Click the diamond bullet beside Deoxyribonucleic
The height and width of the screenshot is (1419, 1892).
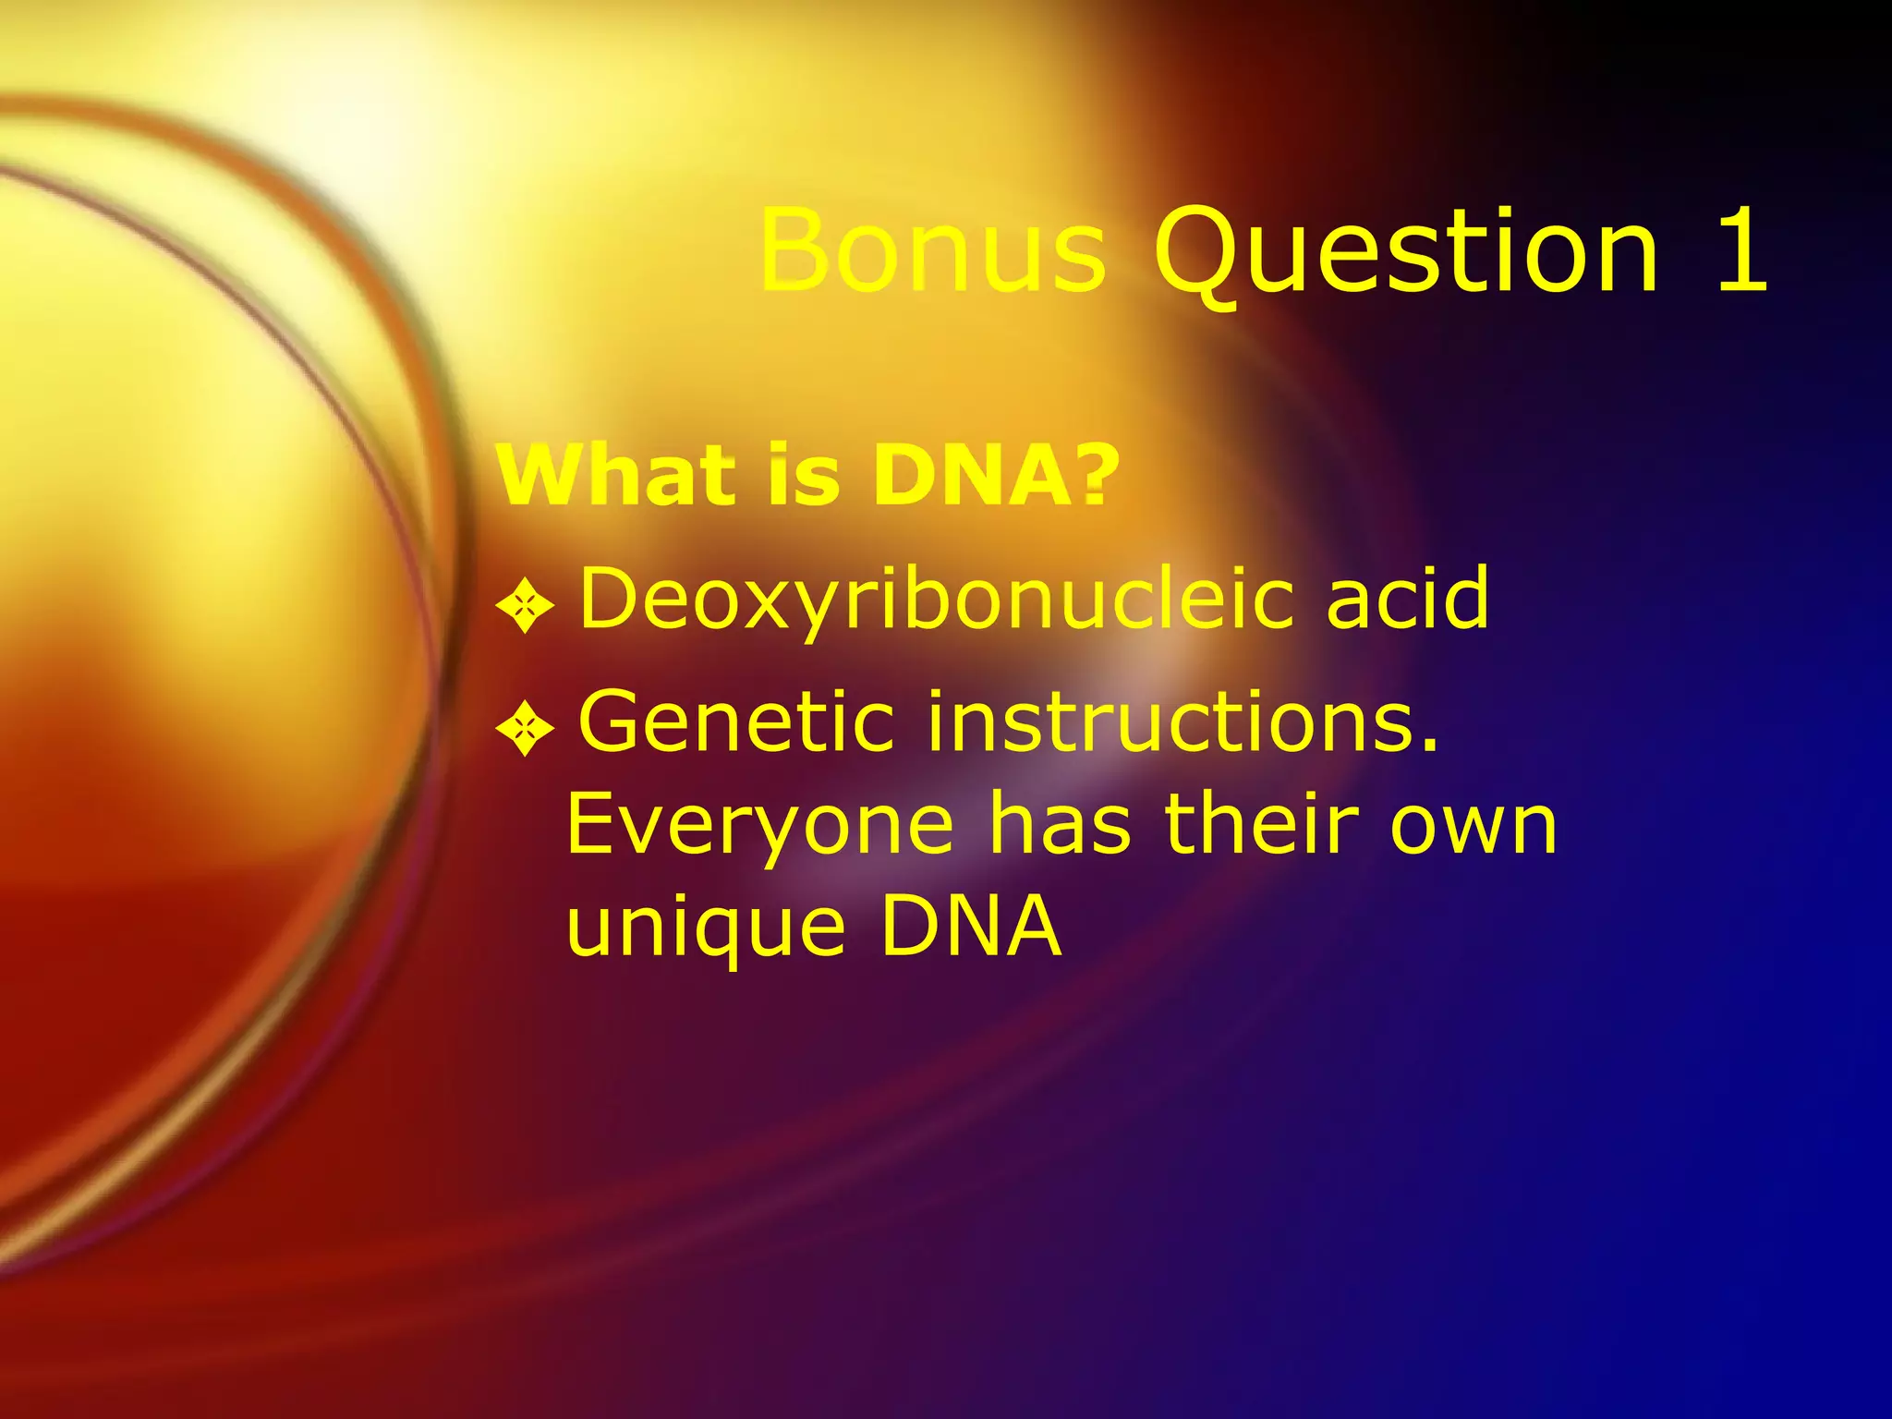pyautogui.click(x=525, y=606)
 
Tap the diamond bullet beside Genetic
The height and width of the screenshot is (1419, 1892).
pyautogui.click(x=525, y=730)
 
